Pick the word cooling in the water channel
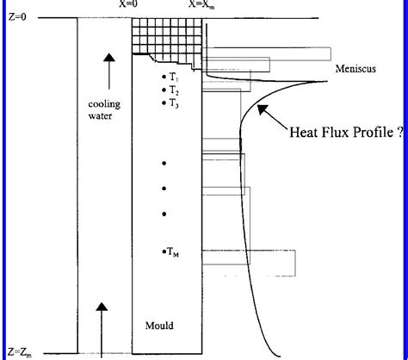[104, 104]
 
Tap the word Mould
[159, 326]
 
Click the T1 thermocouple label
[174, 78]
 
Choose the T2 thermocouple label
[174, 90]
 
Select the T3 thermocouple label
[174, 103]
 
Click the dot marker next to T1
[163, 78]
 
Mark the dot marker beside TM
[163, 251]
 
